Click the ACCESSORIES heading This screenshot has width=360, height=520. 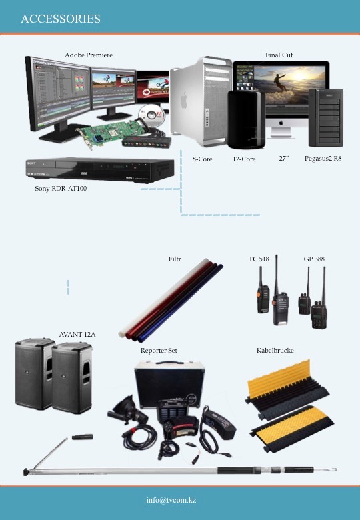61,19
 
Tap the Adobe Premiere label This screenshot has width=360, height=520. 89,55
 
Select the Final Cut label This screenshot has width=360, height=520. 279,55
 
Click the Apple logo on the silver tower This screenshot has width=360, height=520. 184,101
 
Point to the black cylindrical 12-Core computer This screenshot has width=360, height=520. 246,119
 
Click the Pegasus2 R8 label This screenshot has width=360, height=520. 323,159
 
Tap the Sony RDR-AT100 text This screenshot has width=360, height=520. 61,189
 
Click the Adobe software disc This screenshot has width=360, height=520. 151,115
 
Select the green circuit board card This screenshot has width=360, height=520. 112,133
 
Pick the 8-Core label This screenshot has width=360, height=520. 202,159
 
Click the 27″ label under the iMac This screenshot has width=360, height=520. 284,159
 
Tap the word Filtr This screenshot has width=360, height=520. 175,259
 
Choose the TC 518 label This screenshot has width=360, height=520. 259,259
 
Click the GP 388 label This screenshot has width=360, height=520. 314,259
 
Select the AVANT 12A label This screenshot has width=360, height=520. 77,334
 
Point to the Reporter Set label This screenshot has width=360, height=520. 159,351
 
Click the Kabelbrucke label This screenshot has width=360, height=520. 275,351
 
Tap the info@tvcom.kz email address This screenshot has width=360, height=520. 171,500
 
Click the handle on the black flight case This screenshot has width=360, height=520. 169,363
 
